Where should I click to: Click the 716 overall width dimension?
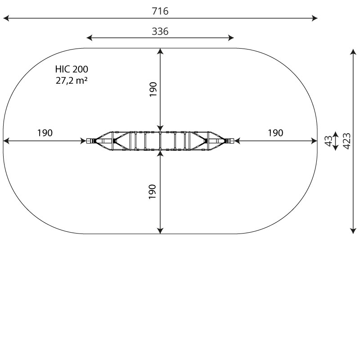(x=160, y=11)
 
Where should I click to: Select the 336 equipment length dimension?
(x=160, y=31)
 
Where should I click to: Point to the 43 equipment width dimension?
(x=329, y=141)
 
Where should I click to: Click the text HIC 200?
(x=72, y=69)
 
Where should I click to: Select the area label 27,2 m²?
(x=72, y=81)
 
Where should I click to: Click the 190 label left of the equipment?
(x=45, y=133)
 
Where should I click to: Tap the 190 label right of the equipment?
(x=275, y=133)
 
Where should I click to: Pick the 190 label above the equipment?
(x=153, y=89)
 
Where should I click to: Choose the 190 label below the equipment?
(x=153, y=192)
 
